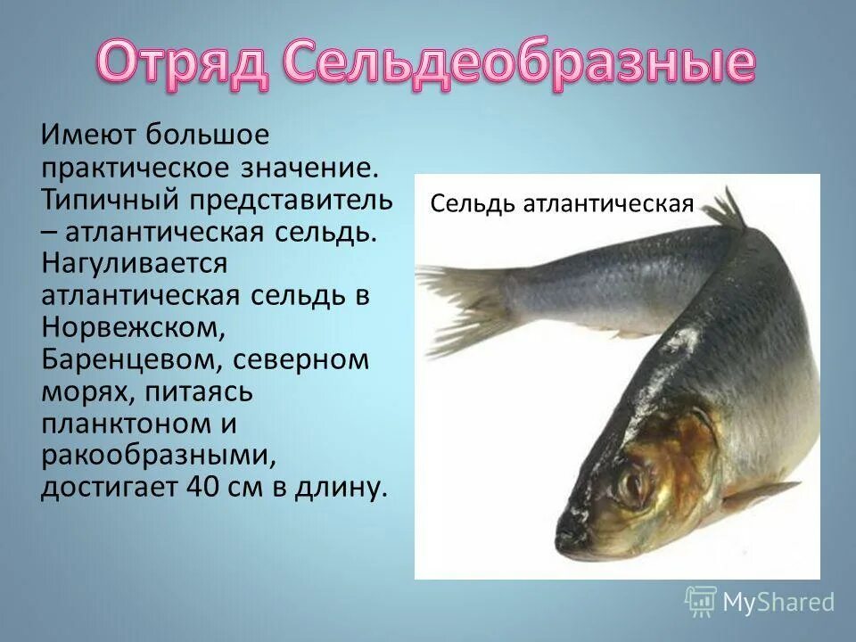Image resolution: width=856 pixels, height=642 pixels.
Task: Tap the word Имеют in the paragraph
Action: pyautogui.click(x=86, y=136)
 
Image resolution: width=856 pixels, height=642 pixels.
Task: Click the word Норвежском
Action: pyautogui.click(x=132, y=327)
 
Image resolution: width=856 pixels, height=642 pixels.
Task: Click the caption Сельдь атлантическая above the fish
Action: pyautogui.click(x=562, y=204)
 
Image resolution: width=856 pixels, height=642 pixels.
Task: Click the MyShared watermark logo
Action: pyautogui.click(x=760, y=602)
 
